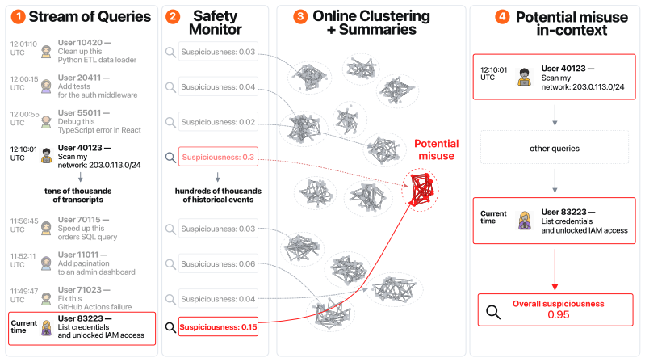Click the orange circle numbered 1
point(18,17)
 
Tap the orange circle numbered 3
point(300,16)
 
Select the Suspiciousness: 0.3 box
point(218,157)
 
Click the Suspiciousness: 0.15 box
point(218,327)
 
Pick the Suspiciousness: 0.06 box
point(218,263)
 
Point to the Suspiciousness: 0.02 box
point(218,122)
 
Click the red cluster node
point(421,190)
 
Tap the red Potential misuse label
point(436,150)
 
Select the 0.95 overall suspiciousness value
point(558,315)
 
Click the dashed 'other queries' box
point(555,147)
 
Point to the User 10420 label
point(84,42)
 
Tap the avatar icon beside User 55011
point(46,121)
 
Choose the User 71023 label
point(84,289)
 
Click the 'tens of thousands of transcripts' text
point(77,196)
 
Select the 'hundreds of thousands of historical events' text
point(218,196)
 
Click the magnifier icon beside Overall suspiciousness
point(493,312)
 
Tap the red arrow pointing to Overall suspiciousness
point(555,269)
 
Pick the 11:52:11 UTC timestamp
point(23,260)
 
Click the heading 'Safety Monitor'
point(216,23)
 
